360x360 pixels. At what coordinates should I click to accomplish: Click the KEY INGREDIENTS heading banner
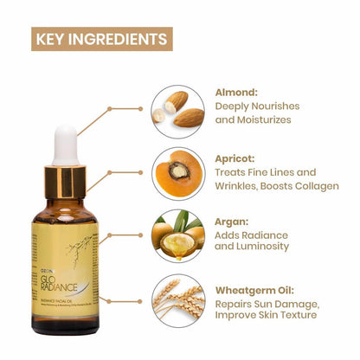[x=102, y=39]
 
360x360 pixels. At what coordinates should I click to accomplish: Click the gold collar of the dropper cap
[x=65, y=181]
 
